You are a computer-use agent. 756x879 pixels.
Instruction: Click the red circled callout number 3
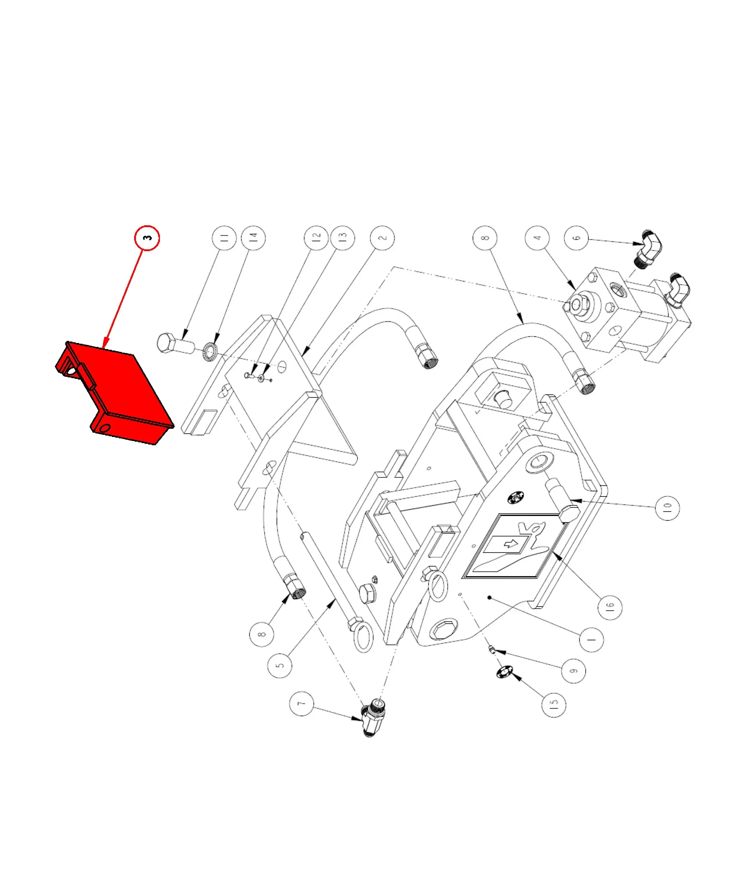[147, 238]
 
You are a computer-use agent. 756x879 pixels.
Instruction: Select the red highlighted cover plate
[114, 393]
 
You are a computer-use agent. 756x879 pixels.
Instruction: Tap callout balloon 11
[224, 238]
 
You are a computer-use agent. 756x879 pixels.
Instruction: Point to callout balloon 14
[253, 238]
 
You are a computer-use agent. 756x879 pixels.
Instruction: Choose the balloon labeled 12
[316, 238]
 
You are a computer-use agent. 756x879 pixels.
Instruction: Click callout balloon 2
[382, 238]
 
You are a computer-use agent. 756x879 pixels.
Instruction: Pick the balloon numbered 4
[537, 238]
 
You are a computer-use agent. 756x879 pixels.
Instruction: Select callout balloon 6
[577, 238]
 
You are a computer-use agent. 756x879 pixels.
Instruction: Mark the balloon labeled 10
[667, 507]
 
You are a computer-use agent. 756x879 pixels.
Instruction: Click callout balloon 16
[610, 607]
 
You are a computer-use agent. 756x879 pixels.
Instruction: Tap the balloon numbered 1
[591, 639]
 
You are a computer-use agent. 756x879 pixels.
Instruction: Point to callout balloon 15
[554, 705]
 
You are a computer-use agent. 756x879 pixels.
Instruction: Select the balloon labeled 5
[280, 665]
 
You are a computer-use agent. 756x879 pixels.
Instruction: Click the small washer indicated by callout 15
[505, 672]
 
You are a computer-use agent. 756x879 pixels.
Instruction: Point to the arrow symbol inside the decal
[512, 544]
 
